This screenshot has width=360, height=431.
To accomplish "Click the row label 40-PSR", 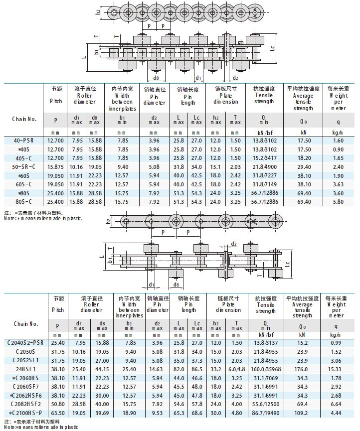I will click(24, 141).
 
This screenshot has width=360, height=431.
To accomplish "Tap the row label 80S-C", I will click(24, 202).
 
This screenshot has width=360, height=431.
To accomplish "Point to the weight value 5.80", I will click(338, 202).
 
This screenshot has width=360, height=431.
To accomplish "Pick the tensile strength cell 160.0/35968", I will click(264, 369).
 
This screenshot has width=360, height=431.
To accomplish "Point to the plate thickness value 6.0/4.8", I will click(236, 369).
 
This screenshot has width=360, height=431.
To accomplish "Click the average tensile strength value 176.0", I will click(303, 369).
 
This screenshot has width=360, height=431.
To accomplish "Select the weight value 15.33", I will click(338, 369).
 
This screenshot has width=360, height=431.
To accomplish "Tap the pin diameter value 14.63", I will click(157, 369).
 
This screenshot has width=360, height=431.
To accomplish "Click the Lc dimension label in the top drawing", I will click(272, 49).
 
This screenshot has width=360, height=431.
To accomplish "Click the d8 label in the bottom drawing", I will click(176, 284).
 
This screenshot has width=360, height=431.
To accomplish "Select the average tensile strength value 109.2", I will click(303, 413).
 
